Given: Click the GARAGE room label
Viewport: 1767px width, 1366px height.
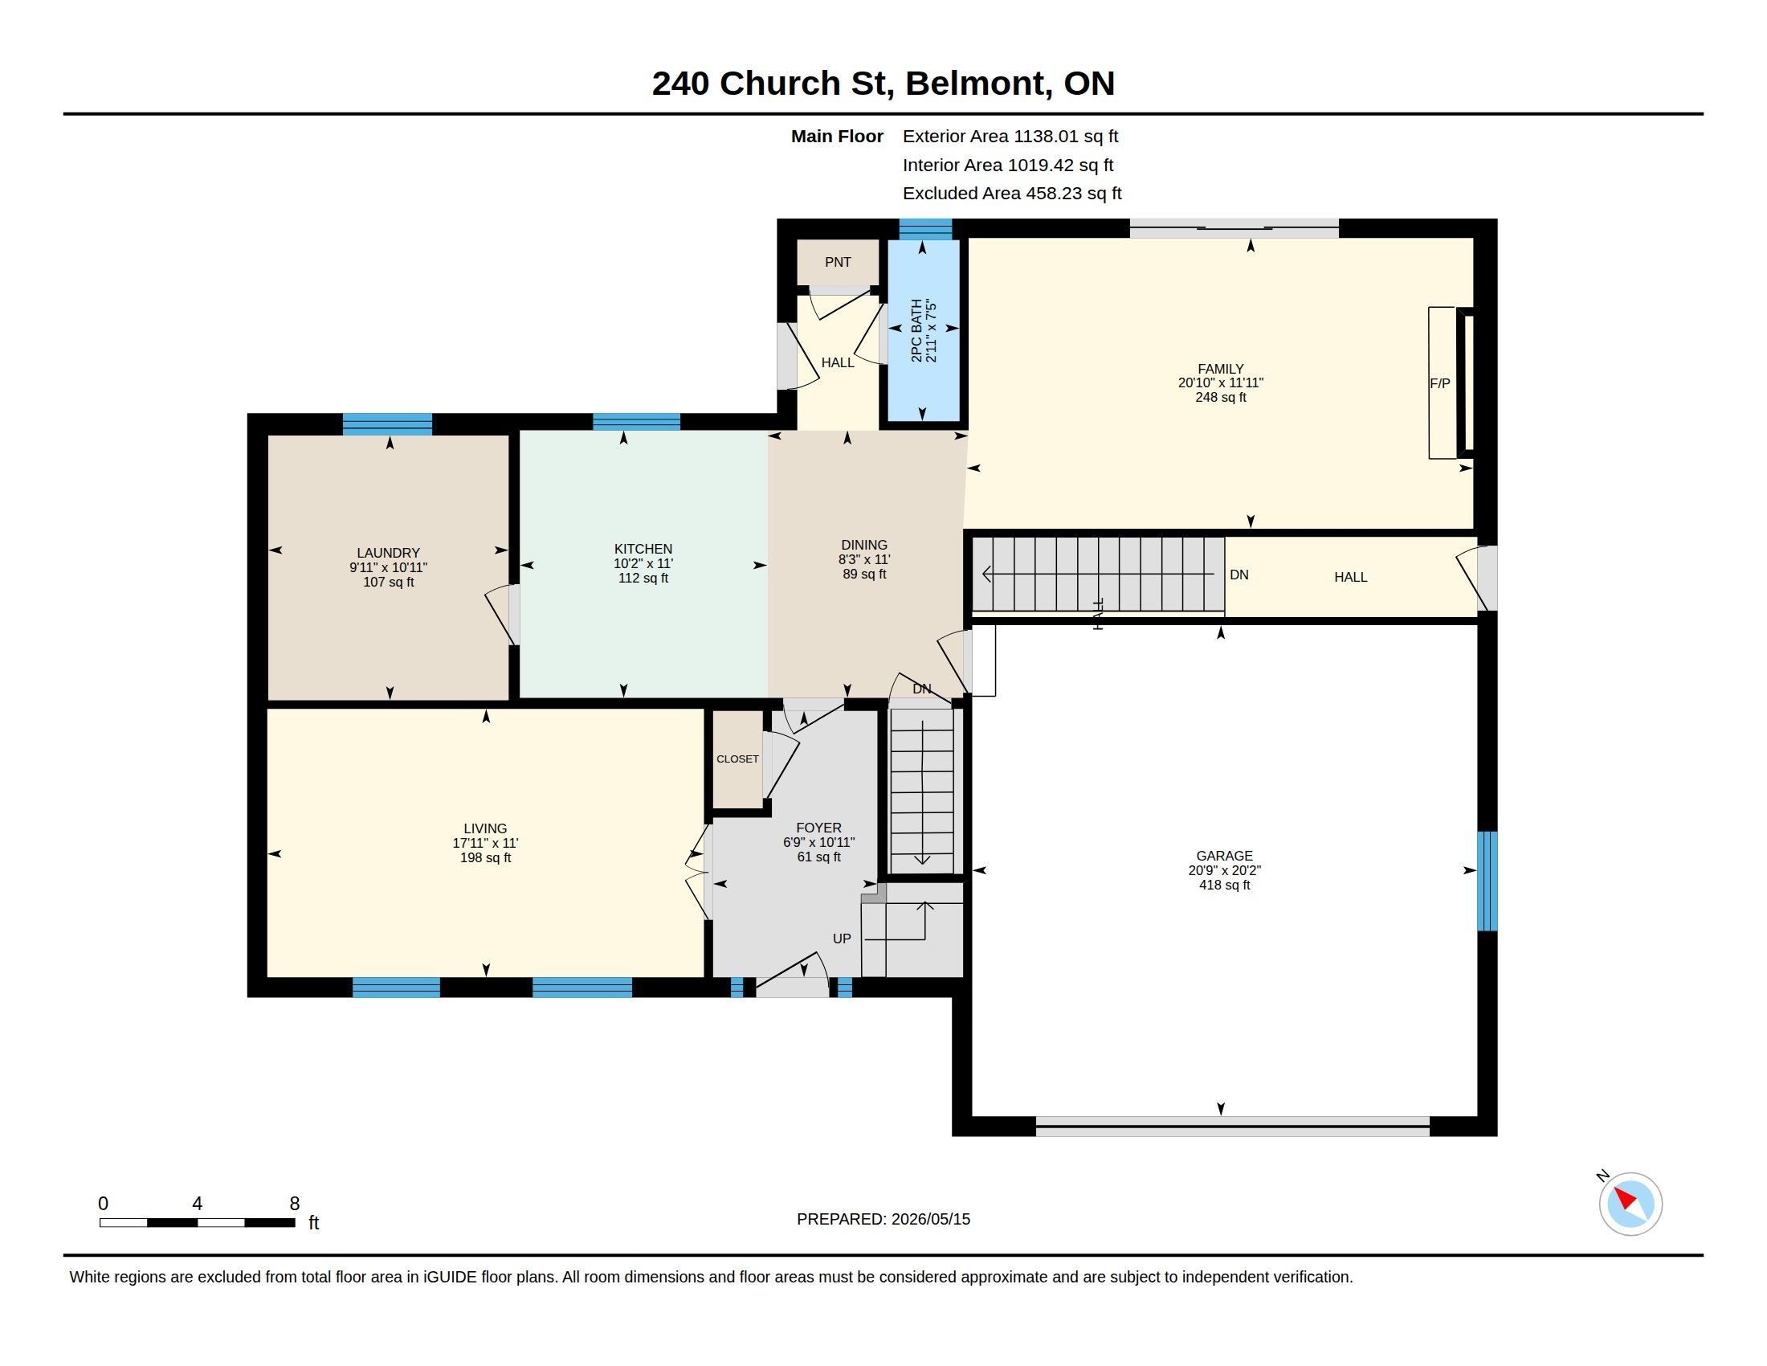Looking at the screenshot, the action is click(x=1224, y=856).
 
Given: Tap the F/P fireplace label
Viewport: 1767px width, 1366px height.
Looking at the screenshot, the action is click(x=1439, y=383).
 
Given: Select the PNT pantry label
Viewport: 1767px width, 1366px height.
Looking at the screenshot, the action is click(x=838, y=262).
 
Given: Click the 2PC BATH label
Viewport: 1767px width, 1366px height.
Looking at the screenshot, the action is click(x=916, y=330).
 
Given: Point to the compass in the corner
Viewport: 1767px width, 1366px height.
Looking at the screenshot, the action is click(x=1630, y=1204).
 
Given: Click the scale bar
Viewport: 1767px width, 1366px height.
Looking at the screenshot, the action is click(x=198, y=1222).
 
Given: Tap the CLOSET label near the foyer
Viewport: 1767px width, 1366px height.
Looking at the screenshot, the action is click(x=737, y=759).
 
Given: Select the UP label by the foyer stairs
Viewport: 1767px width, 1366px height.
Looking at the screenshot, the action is click(x=842, y=939).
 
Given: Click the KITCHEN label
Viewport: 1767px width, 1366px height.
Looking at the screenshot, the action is click(x=643, y=549).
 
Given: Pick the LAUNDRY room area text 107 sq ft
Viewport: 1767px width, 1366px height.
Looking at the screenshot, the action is click(x=389, y=582).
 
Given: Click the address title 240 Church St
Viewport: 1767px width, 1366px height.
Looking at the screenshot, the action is click(x=769, y=84).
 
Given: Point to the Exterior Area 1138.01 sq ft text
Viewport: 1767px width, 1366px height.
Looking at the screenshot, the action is click(x=1010, y=136).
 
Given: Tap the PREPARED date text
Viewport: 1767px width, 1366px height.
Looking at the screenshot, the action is click(x=883, y=1219).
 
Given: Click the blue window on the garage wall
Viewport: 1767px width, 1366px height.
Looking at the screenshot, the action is click(x=1487, y=881).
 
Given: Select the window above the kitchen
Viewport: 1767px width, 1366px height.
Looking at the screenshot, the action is click(x=636, y=422).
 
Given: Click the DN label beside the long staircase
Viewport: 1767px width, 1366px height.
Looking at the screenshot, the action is click(x=1239, y=575).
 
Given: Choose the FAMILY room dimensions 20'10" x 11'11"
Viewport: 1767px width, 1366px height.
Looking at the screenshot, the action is click(x=1220, y=382).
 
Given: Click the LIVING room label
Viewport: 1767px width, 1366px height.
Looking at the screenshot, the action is click(x=485, y=828).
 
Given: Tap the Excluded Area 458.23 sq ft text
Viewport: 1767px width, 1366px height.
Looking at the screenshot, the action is click(x=1012, y=194).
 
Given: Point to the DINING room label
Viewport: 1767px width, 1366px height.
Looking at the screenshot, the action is click(x=864, y=545).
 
